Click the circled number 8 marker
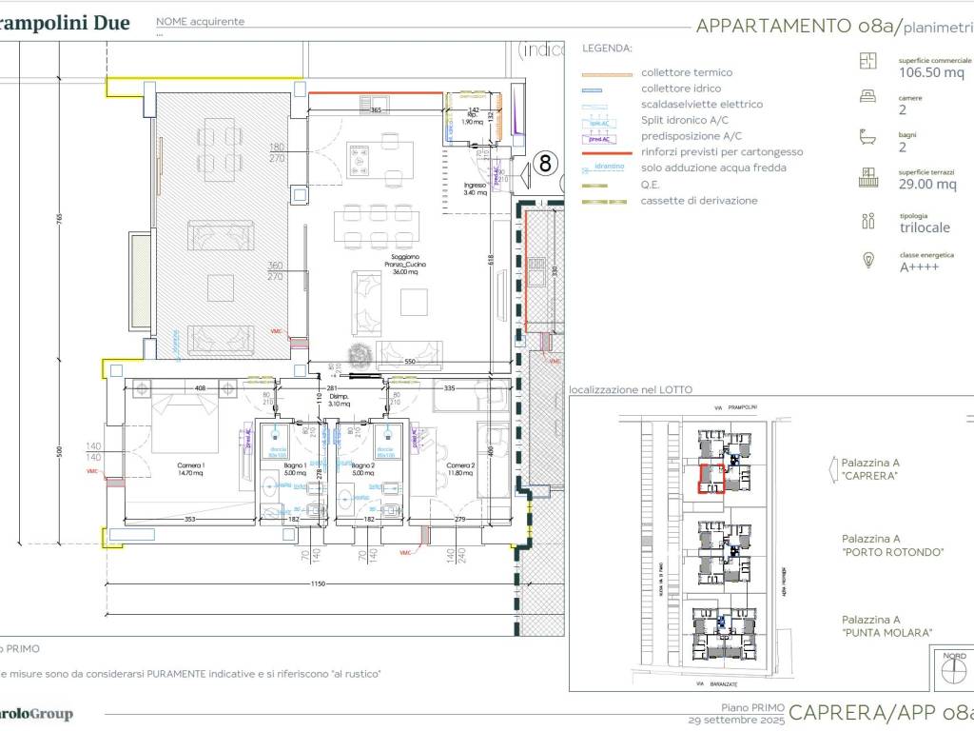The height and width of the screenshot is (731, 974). (545, 163)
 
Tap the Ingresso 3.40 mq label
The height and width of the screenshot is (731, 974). (475, 188)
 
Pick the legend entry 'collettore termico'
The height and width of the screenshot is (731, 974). (686, 72)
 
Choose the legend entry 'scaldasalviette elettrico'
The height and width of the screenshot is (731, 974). (701, 105)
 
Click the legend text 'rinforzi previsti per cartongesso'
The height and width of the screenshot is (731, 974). (721, 152)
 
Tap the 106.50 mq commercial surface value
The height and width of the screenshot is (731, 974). (931, 72)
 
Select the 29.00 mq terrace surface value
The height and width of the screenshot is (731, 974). (927, 185)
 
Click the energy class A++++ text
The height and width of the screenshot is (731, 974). (919, 268)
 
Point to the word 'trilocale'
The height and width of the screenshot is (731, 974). (924, 228)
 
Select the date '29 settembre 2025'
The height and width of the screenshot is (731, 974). (736, 721)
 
